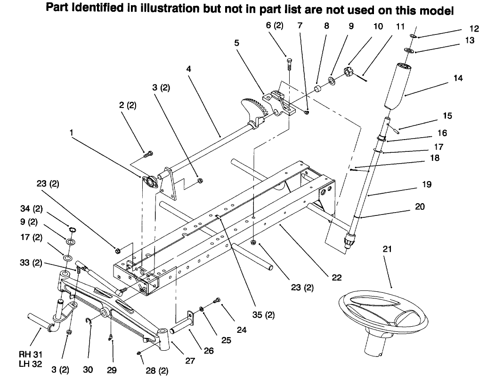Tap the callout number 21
pos(387,248)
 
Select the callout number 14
pos(457,78)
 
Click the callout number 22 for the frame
pos(336,277)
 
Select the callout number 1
pos(72,133)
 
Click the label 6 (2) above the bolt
pos(275,26)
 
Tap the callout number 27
pos(190,361)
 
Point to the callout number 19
pos(426,185)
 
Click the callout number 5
pos(236,43)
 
